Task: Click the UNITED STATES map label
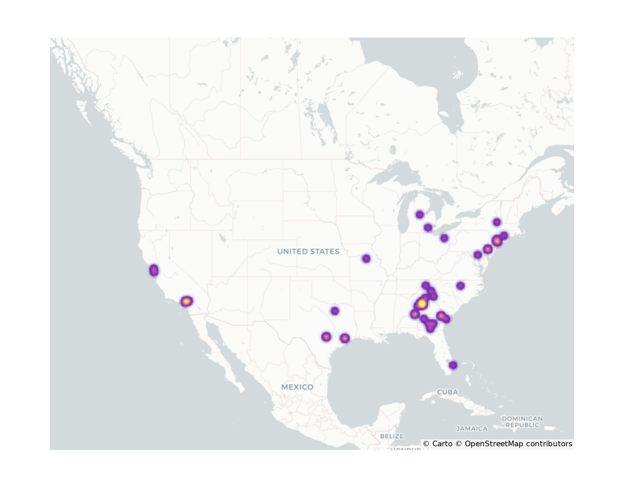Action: [x=308, y=252]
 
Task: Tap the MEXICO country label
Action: [x=297, y=387]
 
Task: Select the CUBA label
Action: [x=447, y=392]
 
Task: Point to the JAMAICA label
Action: [x=472, y=429]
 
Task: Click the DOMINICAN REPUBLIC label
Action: [x=522, y=422]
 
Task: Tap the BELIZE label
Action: [x=392, y=436]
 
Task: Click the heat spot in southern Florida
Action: [x=453, y=365]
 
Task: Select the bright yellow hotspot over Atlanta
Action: [x=422, y=303]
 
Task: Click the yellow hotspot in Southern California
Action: [x=187, y=302]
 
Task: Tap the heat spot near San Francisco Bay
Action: [x=154, y=270]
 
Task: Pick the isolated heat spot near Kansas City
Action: [x=366, y=258]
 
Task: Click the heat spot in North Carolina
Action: [x=461, y=285]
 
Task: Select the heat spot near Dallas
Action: [x=335, y=311]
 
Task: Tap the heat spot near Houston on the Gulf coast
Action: [x=345, y=338]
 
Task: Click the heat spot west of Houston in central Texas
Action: [x=326, y=337]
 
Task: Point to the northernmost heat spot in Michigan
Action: [x=420, y=214]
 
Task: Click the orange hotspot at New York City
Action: [x=497, y=241]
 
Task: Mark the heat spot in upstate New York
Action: [x=497, y=222]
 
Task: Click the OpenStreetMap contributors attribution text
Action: [x=518, y=444]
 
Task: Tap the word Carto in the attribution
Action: [x=442, y=444]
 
